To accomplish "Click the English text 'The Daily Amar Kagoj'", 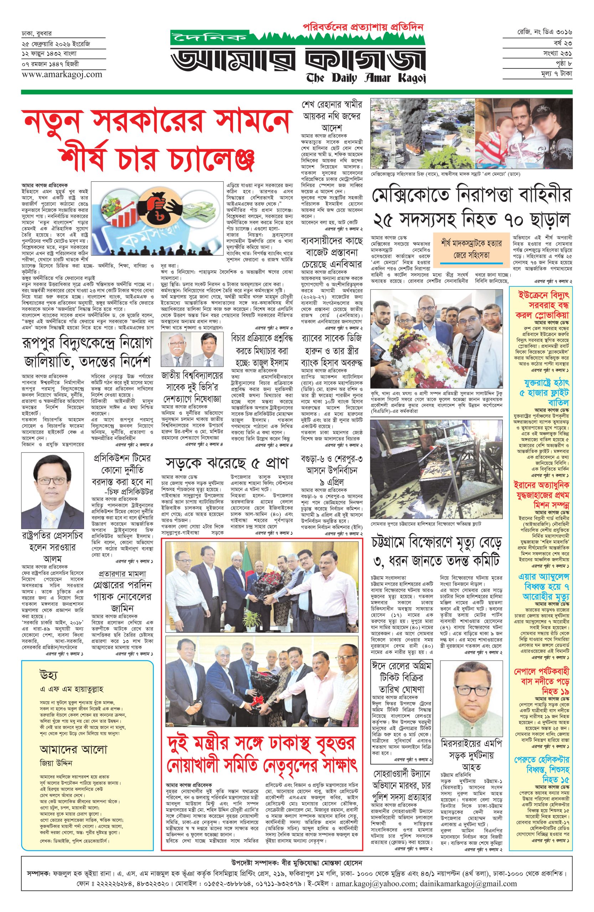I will pos(366,78).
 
